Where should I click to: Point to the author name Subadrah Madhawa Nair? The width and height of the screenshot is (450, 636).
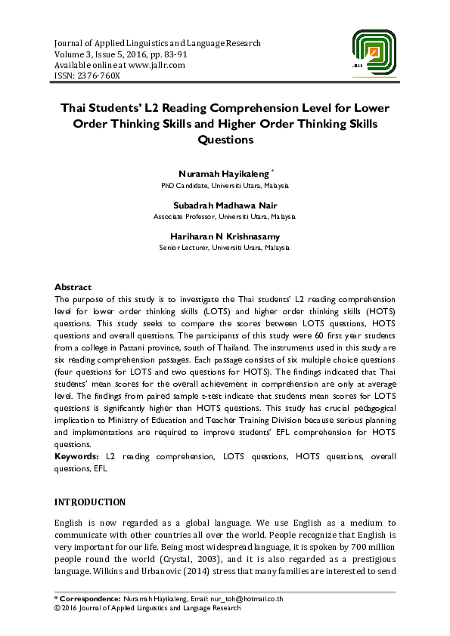coord(225,205)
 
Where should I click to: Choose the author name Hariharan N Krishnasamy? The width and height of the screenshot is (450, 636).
coord(225,236)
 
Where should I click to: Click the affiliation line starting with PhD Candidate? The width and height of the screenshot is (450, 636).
coord(225,185)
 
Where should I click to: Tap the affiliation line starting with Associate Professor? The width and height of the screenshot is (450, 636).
coord(225,216)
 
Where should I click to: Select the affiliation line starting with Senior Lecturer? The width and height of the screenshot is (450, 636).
coord(225,247)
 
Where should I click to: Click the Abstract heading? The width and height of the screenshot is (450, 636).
coord(73,287)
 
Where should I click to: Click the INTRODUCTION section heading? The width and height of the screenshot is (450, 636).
coord(90,502)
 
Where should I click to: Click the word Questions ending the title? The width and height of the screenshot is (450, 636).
coord(225,140)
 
